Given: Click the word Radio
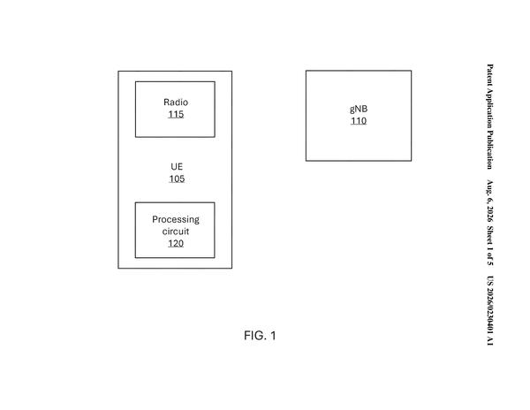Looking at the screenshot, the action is (176, 102).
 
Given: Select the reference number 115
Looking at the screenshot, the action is (176, 114).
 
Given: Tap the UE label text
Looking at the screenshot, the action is (177, 167).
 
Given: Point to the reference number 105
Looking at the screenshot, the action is (177, 178).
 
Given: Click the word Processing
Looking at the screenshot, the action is (176, 220).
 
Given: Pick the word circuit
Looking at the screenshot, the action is (176, 232).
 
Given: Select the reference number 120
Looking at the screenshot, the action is (176, 243).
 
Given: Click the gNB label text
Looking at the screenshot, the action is (359, 110).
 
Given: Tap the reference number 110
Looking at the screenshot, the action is (359, 121).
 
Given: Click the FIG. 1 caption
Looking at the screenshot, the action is (260, 336).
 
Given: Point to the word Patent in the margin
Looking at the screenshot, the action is (489, 74).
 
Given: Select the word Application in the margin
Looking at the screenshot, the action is (489, 108).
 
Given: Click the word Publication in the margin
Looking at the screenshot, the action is (489, 150).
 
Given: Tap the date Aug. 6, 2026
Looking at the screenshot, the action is (489, 201).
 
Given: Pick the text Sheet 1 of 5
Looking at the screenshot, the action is (489, 246).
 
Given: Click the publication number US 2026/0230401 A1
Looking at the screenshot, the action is (489, 311).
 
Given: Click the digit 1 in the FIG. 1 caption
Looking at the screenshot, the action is (273, 336).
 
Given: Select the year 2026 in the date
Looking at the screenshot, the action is (489, 214).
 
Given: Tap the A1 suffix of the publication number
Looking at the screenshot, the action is (489, 341).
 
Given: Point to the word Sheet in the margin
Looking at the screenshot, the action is (489, 235).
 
